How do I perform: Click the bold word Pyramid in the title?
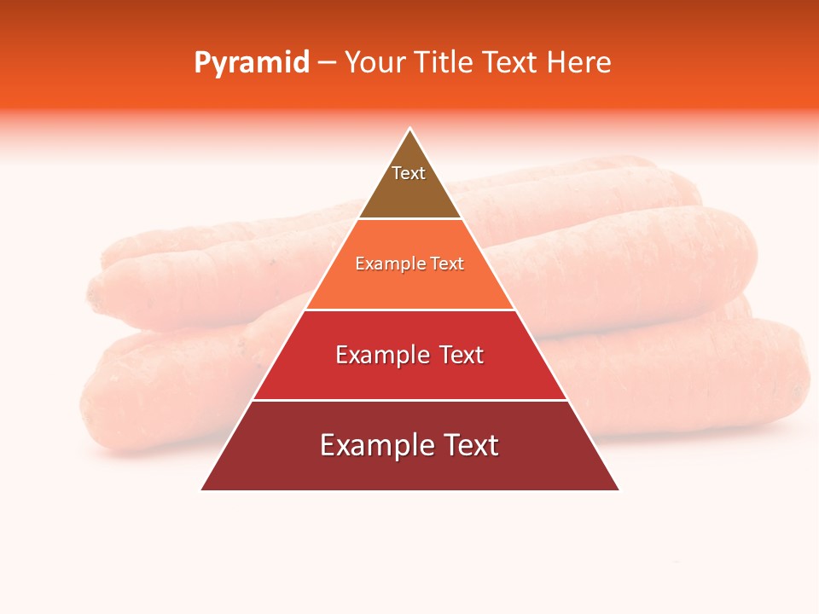pos(252,63)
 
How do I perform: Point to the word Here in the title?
pos(579,63)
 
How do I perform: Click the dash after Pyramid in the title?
pos(327,63)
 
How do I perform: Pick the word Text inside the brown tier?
pos(409,173)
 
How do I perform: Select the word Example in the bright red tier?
pos(381,355)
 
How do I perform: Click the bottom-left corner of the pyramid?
pos(202,489)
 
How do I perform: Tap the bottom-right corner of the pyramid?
pos(619,489)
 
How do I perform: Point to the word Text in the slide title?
pos(509,63)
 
